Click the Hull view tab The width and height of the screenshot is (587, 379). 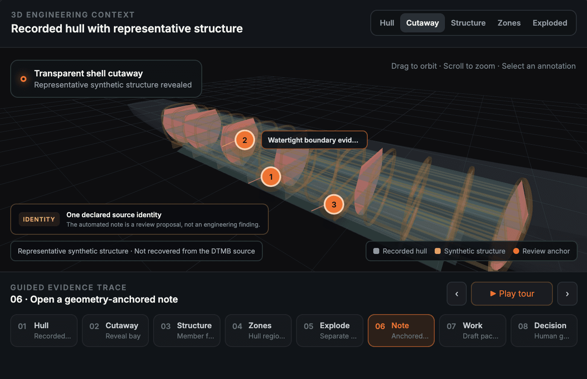pos(387,23)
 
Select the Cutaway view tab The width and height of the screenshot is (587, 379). pos(422,23)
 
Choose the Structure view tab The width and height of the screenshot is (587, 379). pos(468,23)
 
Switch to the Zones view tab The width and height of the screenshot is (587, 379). pos(509,23)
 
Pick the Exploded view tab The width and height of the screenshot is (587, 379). pos(550,23)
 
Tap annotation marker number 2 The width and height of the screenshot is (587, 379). pos(244,140)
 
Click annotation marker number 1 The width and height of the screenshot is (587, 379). pos(271,177)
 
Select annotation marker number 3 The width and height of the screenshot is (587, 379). pos(334,204)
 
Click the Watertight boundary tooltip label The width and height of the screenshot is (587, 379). pos(314,140)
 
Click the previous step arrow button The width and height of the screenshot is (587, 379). pos(456,294)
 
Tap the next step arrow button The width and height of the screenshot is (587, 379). pos(567,294)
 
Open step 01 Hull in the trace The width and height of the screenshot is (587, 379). pos(44,330)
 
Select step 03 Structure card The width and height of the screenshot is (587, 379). pos(187,330)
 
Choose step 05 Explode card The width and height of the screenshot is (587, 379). pos(330,330)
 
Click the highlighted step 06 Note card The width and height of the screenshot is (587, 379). pos(401,330)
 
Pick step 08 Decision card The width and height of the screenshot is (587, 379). pos(544,330)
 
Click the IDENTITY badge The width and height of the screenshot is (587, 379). pos(39,219)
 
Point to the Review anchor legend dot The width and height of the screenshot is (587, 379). pos(516,251)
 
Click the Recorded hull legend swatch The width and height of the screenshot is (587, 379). pos(376,251)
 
